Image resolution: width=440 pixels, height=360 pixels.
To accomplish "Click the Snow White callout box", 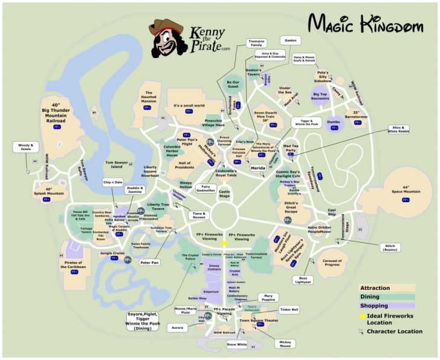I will point(238,344).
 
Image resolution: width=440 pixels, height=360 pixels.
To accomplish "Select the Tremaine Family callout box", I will point(257,43).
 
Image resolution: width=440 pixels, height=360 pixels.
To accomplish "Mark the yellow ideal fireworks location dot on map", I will point(225,243).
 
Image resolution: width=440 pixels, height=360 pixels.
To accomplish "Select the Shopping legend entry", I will point(377,306).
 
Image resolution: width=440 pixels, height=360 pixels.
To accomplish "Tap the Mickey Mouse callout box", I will point(285,342).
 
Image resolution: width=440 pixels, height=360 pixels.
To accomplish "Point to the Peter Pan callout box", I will point(149,263).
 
